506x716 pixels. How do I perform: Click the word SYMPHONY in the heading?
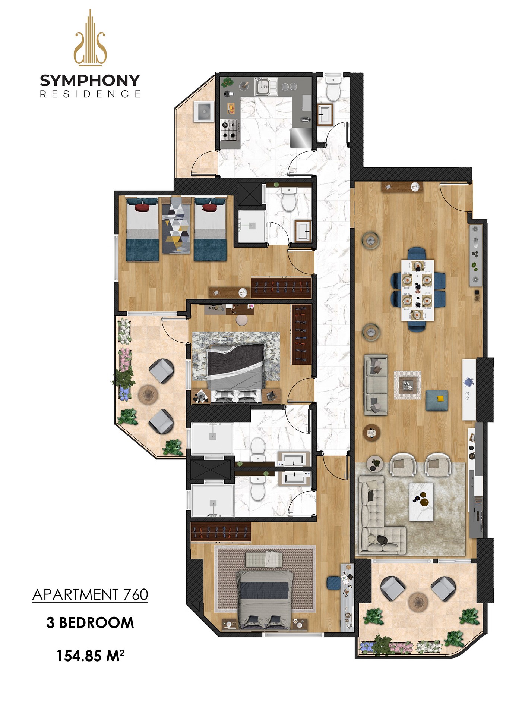90,80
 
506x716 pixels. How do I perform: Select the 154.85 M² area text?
90,656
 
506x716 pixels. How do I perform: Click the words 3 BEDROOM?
90,622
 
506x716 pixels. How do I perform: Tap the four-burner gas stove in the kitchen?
229,130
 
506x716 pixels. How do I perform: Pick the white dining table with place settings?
417,290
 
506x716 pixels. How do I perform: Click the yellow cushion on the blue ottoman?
440,398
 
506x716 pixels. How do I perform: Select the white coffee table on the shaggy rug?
421,502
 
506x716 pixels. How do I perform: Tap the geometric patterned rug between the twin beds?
176,225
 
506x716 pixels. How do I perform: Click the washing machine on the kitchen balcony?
204,111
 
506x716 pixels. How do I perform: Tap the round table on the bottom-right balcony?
419,602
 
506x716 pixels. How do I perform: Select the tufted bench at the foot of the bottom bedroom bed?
264,559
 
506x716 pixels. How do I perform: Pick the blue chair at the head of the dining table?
417,254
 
